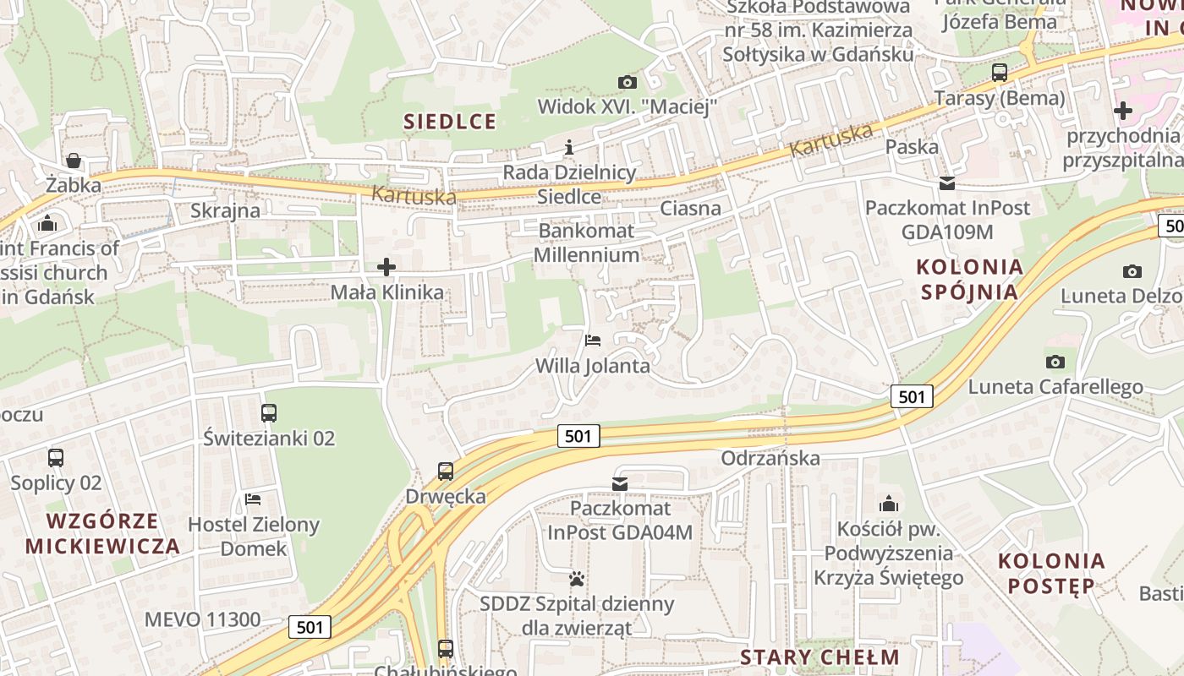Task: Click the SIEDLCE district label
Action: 450,122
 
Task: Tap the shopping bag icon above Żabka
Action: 74,161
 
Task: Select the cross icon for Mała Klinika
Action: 386,268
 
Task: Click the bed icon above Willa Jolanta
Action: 593,341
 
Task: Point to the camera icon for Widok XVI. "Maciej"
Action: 627,82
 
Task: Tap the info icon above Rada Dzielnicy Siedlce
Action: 569,148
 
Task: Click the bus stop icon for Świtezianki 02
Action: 269,413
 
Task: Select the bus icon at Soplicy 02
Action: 56,458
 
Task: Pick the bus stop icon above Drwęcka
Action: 446,472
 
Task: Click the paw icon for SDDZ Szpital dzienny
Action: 577,580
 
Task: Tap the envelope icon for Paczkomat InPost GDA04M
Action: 620,483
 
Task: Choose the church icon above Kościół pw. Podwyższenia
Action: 888,504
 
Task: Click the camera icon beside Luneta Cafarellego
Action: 1055,362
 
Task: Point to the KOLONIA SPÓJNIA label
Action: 969,280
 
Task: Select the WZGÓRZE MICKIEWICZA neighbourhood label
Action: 102,533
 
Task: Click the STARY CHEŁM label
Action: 819,657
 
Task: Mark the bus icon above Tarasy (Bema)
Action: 1000,73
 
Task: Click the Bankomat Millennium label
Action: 586,243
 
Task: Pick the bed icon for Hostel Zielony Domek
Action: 252,499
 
